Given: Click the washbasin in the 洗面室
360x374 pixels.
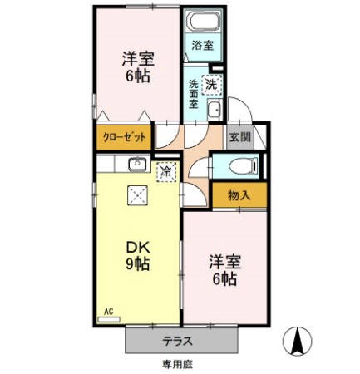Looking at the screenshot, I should [x=213, y=111].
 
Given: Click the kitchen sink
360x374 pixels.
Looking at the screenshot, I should [x=136, y=163].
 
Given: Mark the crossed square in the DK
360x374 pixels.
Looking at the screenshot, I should [x=136, y=196].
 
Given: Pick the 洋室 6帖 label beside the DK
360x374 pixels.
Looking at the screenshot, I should [x=224, y=269].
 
